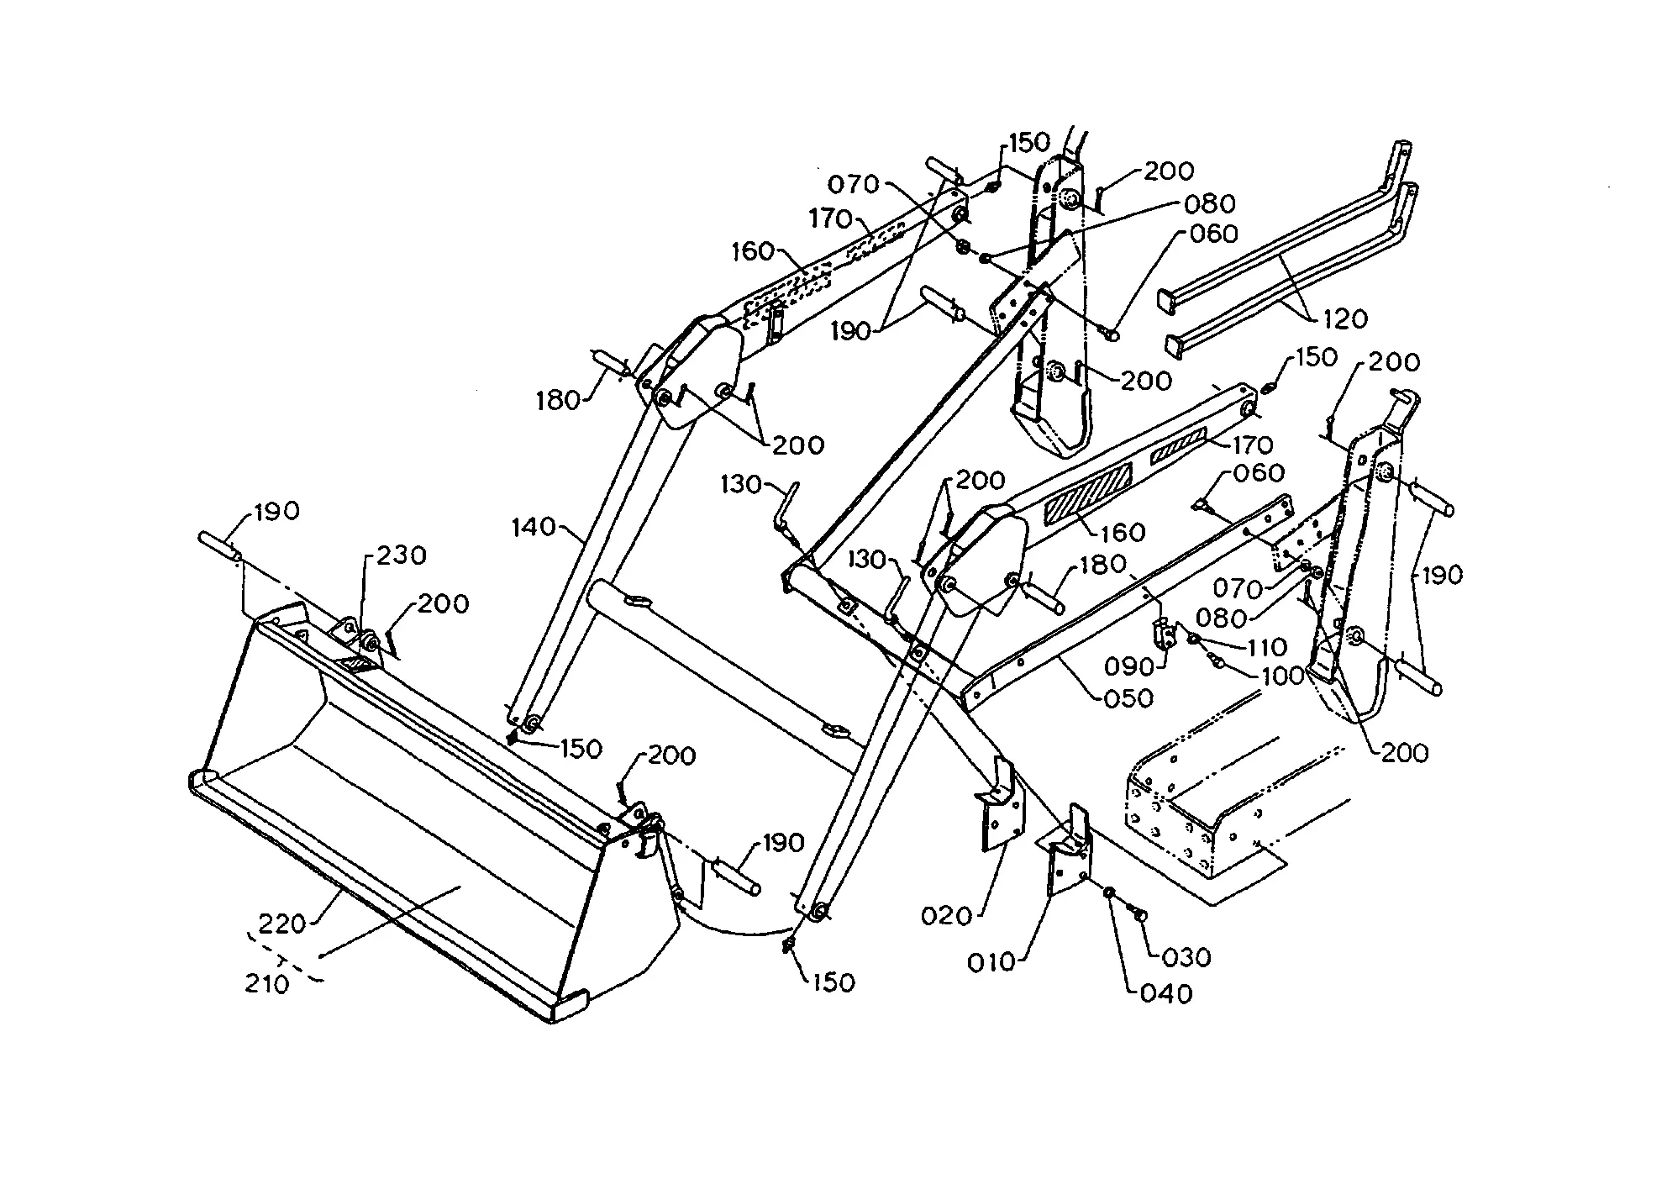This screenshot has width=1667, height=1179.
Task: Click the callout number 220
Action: click(x=281, y=924)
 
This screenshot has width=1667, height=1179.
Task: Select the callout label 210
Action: click(x=267, y=983)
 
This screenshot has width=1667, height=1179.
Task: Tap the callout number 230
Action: click(x=401, y=555)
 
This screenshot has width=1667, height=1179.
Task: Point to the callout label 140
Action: click(x=534, y=528)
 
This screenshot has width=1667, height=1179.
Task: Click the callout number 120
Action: click(x=1345, y=318)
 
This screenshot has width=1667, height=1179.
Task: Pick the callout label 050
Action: click(x=1128, y=697)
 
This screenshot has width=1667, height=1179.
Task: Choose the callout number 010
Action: click(x=991, y=962)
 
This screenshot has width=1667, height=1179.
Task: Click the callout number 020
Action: click(x=946, y=916)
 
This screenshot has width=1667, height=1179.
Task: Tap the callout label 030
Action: click(x=1186, y=957)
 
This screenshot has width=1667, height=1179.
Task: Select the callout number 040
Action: click(x=1166, y=994)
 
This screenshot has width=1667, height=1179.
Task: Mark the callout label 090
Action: click(x=1130, y=667)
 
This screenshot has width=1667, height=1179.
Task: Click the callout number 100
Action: click(x=1282, y=676)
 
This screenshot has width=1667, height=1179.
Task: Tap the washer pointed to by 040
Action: click(x=1109, y=892)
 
